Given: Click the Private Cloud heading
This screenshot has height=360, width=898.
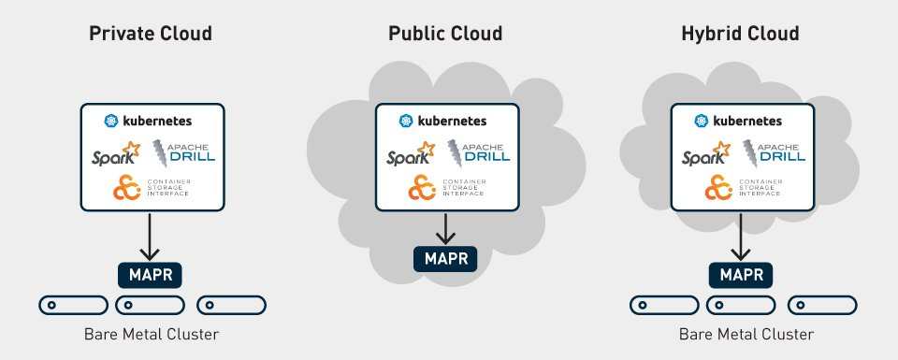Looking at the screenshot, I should pos(150,35).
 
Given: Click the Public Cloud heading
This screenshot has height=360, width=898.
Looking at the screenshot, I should pos(445,35).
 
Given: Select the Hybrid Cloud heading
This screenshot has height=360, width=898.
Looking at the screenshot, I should pos(741,35).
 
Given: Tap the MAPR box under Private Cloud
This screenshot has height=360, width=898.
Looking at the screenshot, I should pos(150,274).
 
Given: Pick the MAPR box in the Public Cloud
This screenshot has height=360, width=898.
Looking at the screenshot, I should pos(446,256).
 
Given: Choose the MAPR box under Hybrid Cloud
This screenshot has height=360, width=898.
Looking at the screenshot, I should pos(741,274).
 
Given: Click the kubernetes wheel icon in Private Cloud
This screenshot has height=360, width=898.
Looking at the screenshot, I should pos(110,121).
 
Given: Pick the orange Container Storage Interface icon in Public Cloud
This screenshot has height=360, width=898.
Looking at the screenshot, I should pos(420,187).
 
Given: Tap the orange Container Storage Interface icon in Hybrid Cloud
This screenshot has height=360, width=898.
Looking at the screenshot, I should pos(717,187).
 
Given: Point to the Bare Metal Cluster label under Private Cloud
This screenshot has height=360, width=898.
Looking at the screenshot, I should pos(150,334).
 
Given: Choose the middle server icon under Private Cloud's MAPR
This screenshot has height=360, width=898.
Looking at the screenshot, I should pos(150,305).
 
